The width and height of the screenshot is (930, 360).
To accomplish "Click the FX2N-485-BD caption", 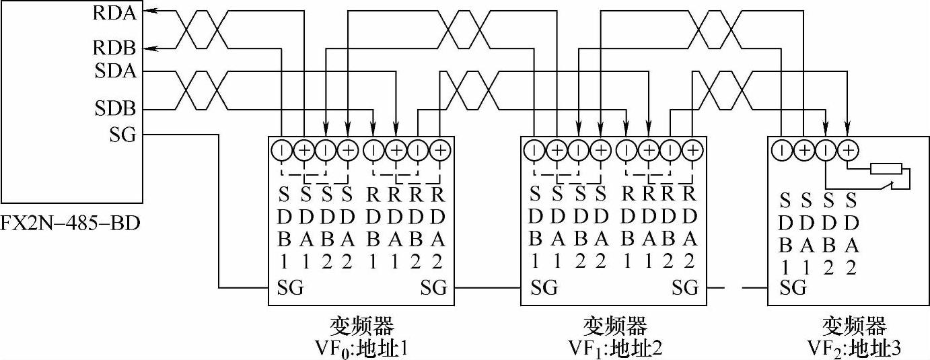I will (x=71, y=221).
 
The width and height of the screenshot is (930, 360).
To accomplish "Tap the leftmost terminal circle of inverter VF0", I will (x=281, y=149).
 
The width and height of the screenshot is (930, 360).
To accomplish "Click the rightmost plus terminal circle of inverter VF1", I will (x=692, y=149).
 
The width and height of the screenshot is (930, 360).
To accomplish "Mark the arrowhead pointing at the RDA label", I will (x=149, y=10).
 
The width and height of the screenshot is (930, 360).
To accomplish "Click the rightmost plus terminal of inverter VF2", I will (x=849, y=149).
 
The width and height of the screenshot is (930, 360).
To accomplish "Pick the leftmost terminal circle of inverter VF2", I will (x=781, y=149).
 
